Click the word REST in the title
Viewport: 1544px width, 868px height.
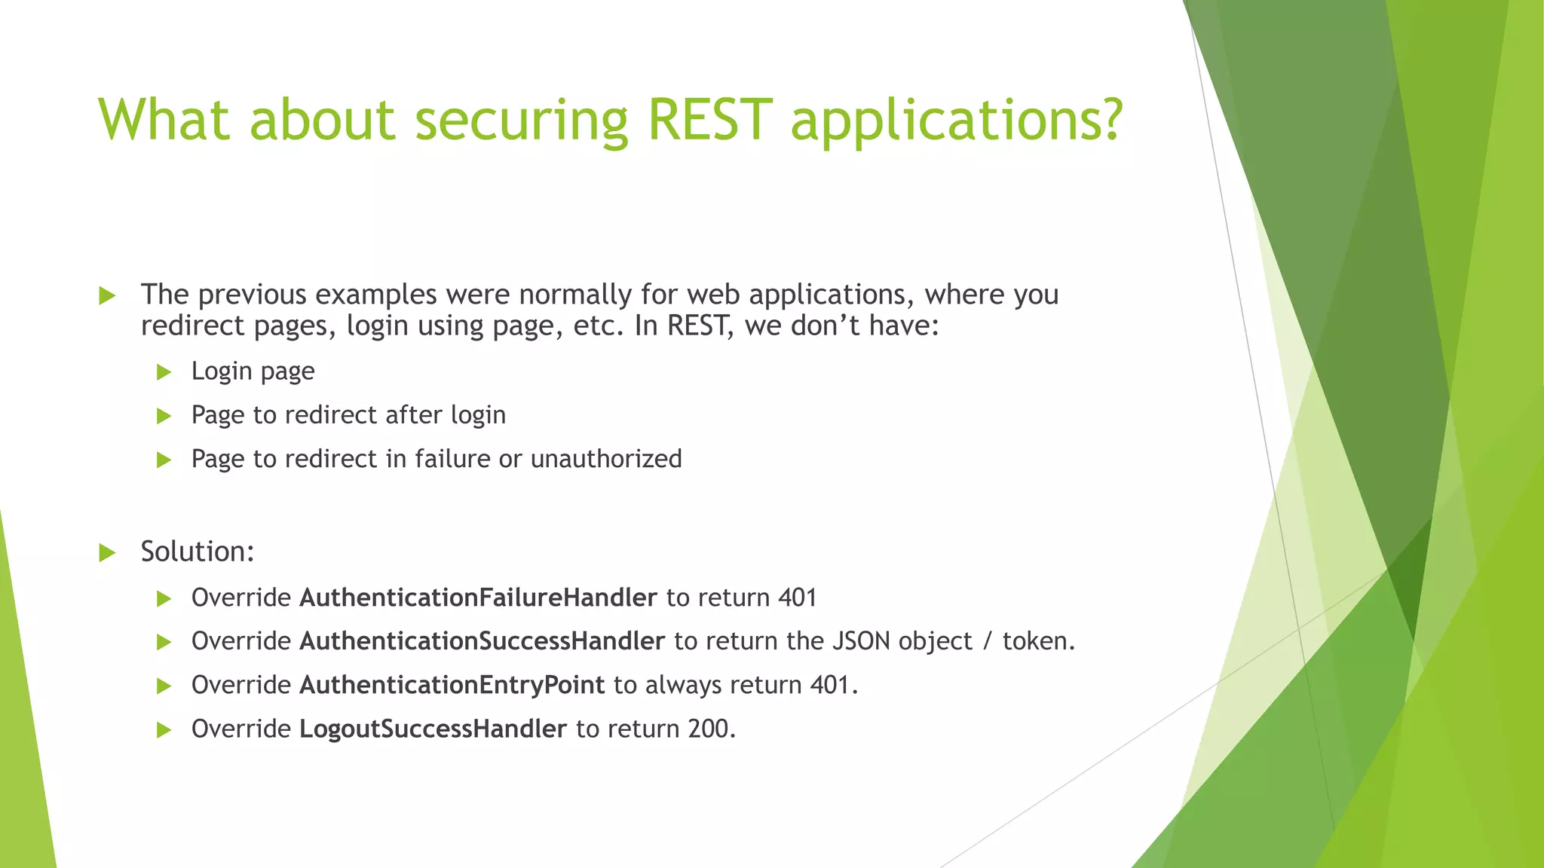pyautogui.click(x=709, y=121)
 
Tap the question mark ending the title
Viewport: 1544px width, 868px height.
pyautogui.click(x=1107, y=121)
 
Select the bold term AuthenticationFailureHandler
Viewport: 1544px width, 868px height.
pyautogui.click(x=478, y=598)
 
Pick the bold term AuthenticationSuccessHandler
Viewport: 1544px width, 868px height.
pyautogui.click(x=482, y=641)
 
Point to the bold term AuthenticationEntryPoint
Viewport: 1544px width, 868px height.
pyautogui.click(x=452, y=685)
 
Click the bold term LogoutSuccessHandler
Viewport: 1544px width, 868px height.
pyautogui.click(x=433, y=729)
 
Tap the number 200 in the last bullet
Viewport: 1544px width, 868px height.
pyautogui.click(x=708, y=729)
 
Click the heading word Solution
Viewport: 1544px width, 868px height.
pyautogui.click(x=193, y=552)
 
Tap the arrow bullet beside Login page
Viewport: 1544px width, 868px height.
pyautogui.click(x=164, y=371)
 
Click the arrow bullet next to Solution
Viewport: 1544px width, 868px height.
pyautogui.click(x=107, y=553)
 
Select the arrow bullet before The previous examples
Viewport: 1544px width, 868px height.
pyautogui.click(x=107, y=295)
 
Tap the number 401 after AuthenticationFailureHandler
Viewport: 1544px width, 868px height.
pyautogui.click(x=797, y=598)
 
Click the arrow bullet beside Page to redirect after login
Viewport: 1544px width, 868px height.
pyautogui.click(x=164, y=415)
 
